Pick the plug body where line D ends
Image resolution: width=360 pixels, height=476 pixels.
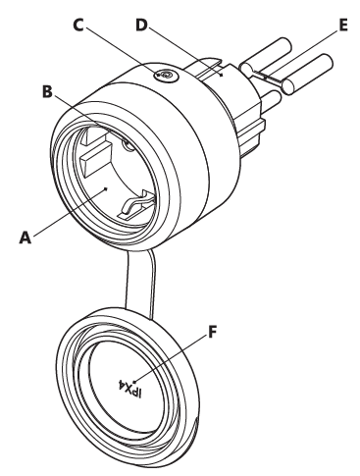[x=224, y=72]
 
